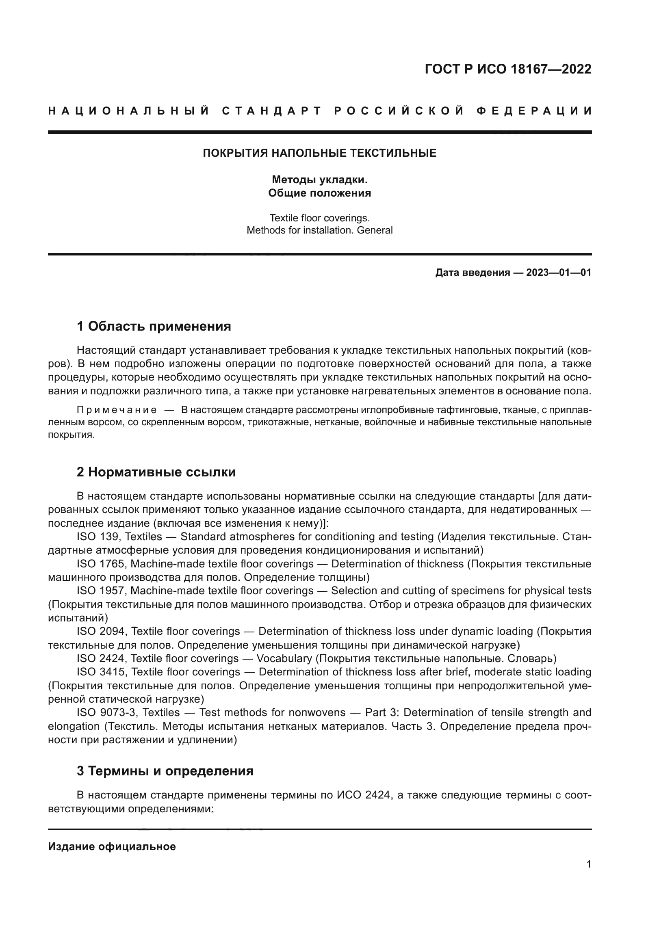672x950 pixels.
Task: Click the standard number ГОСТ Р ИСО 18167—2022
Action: point(508,69)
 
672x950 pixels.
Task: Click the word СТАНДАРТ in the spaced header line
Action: point(271,111)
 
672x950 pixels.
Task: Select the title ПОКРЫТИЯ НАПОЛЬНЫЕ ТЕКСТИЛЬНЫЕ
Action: point(319,154)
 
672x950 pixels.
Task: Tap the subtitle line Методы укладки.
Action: point(319,180)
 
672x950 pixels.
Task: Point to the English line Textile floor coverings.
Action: point(319,218)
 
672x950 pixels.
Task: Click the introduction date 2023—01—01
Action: point(558,272)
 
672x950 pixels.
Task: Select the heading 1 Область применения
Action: point(154,326)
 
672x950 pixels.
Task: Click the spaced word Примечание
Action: point(117,410)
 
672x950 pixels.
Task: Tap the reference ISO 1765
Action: point(100,564)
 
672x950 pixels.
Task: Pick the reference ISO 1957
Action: point(100,591)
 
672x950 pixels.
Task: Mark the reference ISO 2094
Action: point(100,632)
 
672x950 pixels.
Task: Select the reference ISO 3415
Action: point(100,672)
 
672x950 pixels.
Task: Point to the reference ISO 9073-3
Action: point(106,712)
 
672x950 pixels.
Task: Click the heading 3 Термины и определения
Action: point(165,771)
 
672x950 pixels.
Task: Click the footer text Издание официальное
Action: point(112,846)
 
